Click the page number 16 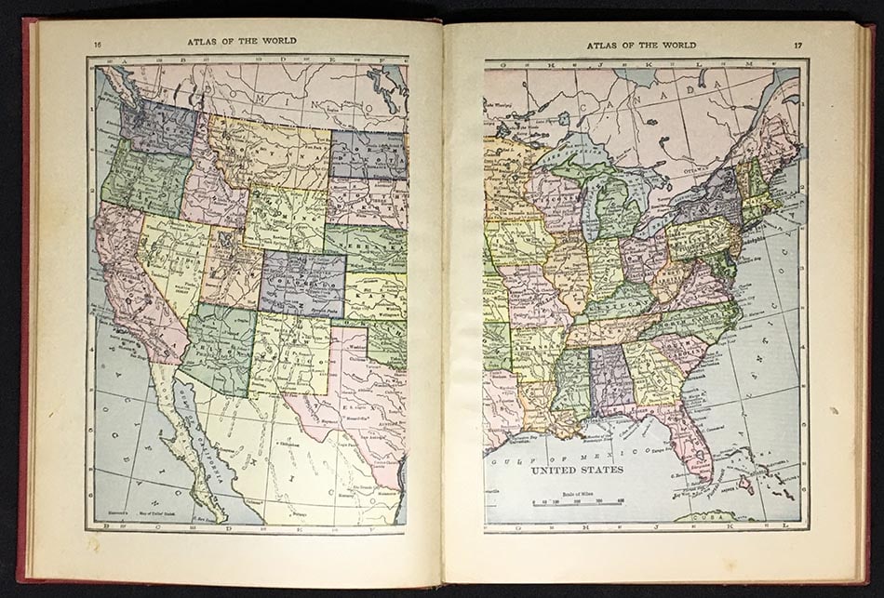(x=98, y=43)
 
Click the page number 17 (x=797, y=45)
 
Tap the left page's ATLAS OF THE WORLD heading (x=241, y=41)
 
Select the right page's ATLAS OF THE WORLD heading (x=640, y=45)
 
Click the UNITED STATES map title (x=577, y=471)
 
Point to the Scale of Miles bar (x=578, y=502)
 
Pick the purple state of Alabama (x=610, y=377)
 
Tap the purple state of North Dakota (x=368, y=154)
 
